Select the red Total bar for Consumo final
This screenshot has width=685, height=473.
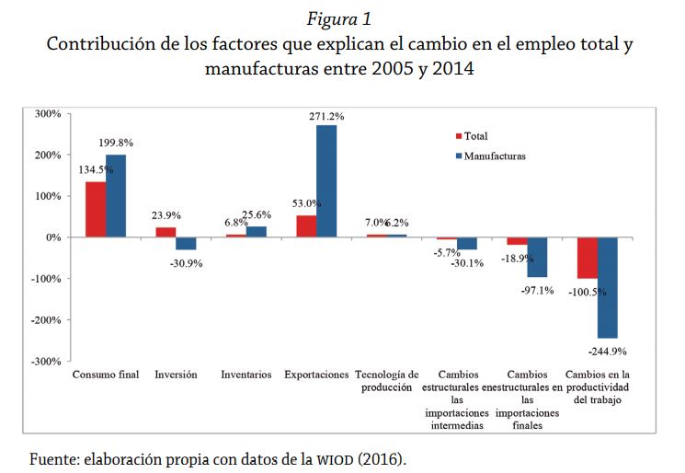[96, 210]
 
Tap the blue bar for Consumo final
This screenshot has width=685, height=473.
[116, 196]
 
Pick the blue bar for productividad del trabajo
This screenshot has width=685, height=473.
[607, 287]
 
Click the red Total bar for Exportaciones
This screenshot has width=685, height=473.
[305, 226]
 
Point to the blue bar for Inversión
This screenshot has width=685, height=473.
[187, 243]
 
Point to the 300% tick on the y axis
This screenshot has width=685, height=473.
[47, 114]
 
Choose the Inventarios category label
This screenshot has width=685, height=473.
[245, 375]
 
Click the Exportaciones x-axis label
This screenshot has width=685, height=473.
[316, 375]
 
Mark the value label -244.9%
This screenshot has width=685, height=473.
[609, 352]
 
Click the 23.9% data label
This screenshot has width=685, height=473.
[166, 215]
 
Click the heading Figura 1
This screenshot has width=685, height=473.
[341, 17]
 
